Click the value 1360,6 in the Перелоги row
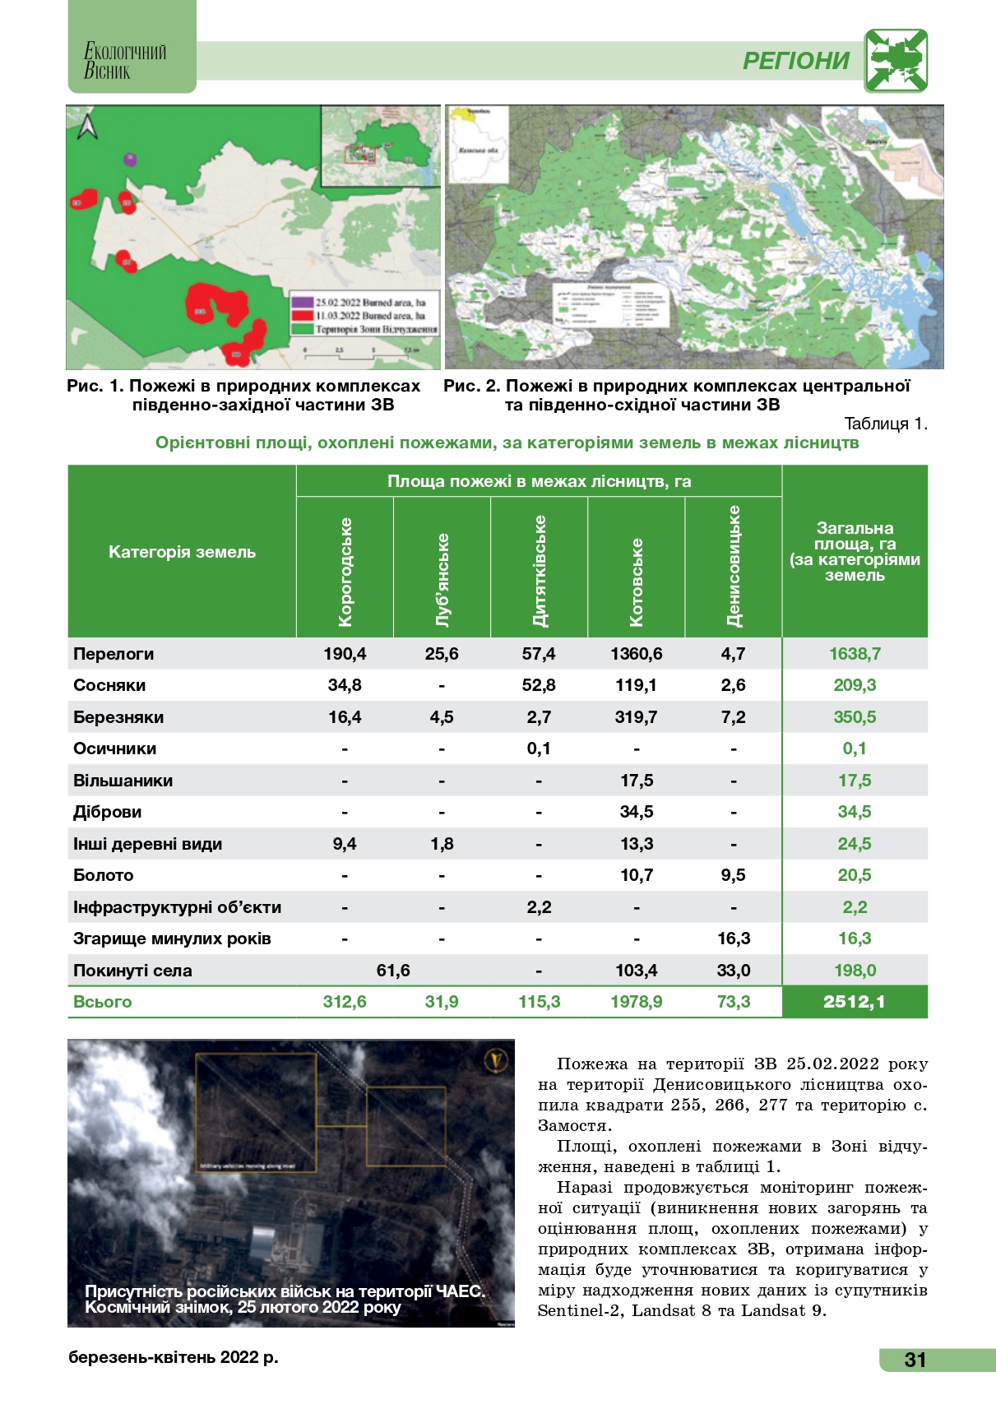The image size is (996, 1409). click(636, 654)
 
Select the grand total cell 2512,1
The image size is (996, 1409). click(855, 1002)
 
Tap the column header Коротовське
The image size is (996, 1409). click(636, 582)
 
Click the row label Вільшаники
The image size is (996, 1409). click(123, 781)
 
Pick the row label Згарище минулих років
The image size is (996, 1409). click(172, 939)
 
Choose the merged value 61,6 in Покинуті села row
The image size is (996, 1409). click(393, 971)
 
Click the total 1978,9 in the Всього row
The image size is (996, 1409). click(636, 1002)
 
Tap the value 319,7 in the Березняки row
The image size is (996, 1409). click(636, 717)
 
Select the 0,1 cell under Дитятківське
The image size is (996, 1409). click(539, 749)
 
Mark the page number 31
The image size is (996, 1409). click(915, 1360)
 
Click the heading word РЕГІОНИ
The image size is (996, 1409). click(796, 61)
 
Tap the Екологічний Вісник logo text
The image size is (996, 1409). click(125, 62)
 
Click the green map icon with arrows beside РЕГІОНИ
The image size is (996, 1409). click(896, 61)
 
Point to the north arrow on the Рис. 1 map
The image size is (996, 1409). click(86, 127)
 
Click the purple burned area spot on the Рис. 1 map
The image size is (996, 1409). click(128, 159)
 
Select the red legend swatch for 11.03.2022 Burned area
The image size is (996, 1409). click(302, 315)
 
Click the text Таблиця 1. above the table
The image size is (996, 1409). click(886, 424)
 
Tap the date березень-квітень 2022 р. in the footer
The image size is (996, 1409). click(174, 1357)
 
